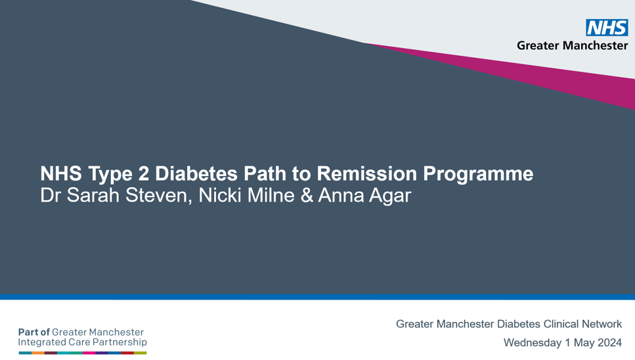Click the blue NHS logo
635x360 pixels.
pos(607,28)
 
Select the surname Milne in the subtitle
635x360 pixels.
pos(271,195)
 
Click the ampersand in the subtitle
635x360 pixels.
pos(307,195)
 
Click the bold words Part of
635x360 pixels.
pos(33,332)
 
